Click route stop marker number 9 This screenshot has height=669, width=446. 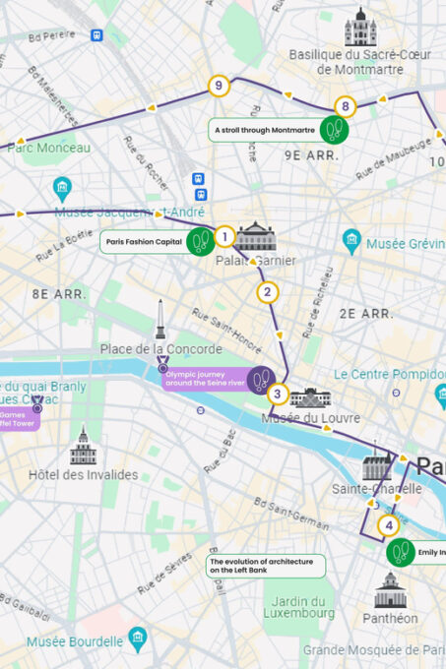[x=219, y=86]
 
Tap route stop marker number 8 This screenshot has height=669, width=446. [x=344, y=106]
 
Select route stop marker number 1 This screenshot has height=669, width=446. [x=224, y=236]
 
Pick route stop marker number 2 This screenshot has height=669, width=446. [x=267, y=291]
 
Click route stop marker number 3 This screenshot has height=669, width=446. [x=278, y=395]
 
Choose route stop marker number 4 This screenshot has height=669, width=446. [x=389, y=524]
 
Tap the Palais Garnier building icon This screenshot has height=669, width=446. [x=256, y=236]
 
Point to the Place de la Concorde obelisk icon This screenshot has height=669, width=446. [x=159, y=321]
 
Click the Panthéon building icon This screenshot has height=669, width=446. [x=390, y=590]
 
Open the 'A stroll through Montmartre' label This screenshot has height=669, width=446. [x=264, y=129]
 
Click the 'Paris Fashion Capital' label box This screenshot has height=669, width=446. [x=143, y=241]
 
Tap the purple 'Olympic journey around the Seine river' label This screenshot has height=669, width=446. [x=203, y=379]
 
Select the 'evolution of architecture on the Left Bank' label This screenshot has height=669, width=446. [x=266, y=565]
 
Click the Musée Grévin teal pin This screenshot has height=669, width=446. [x=351, y=240]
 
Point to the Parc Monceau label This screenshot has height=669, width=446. [x=49, y=148]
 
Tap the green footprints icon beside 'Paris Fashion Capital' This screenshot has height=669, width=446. [x=200, y=241]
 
